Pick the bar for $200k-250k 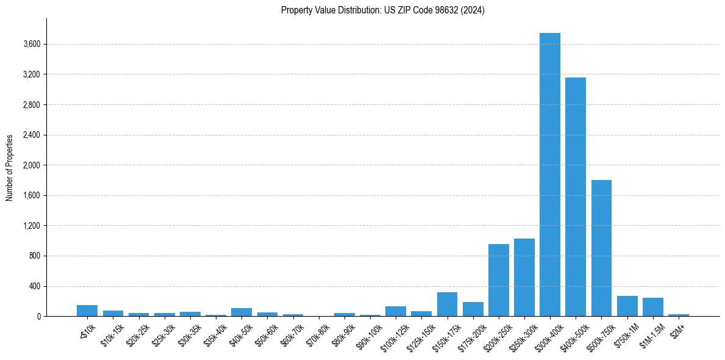(498, 280)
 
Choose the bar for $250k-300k (524, 277)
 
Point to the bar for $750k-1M (627, 306)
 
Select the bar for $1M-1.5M (652, 307)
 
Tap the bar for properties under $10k (87, 311)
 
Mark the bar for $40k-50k (241, 312)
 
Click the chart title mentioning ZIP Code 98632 (382, 10)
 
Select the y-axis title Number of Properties (10, 167)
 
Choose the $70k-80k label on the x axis (318, 332)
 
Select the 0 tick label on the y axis (38, 317)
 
